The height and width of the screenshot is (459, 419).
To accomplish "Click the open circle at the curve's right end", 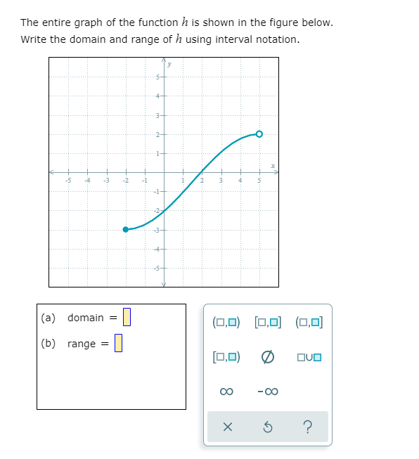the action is pyautogui.click(x=259, y=134).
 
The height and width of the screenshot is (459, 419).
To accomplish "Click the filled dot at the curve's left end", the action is pyautogui.click(x=126, y=229).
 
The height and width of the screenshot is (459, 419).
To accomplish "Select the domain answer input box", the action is pyautogui.click(x=127, y=318).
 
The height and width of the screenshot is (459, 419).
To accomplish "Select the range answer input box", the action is pyautogui.click(x=118, y=343).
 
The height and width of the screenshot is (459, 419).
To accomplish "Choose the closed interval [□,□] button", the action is pyautogui.click(x=268, y=323).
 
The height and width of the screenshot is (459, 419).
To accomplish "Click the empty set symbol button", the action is pyautogui.click(x=268, y=356).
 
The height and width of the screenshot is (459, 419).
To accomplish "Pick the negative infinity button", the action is pyautogui.click(x=268, y=391).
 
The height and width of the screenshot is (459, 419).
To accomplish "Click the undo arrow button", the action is pyautogui.click(x=268, y=427).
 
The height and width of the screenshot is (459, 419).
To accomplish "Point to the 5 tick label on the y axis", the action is pyautogui.click(x=159, y=77).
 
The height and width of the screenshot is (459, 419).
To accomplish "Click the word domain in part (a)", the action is pyautogui.click(x=85, y=318).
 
